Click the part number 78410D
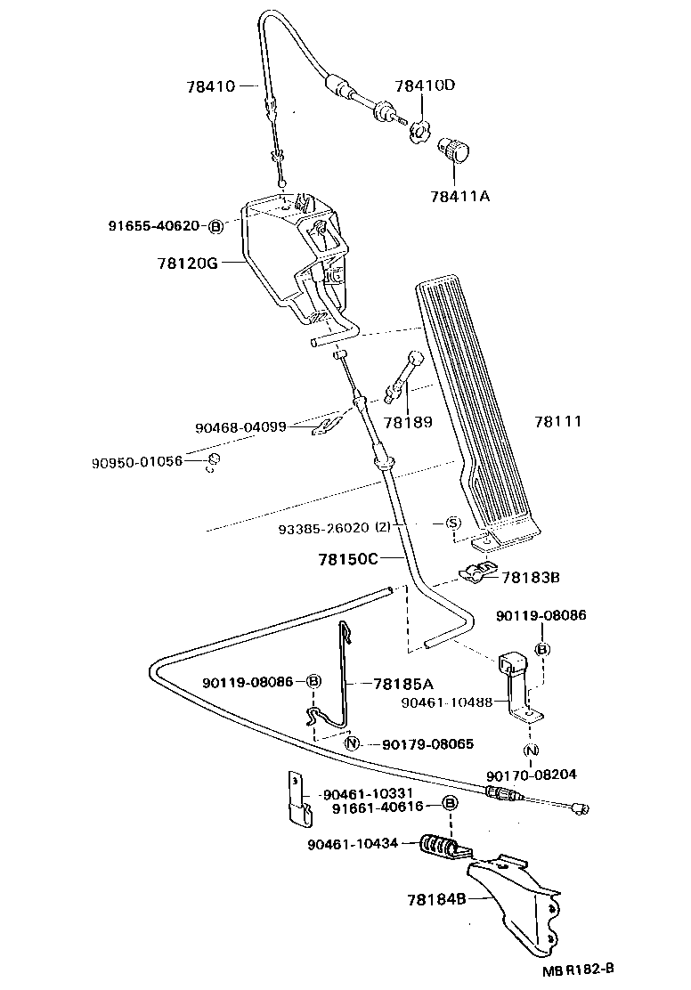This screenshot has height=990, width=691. pos(425,86)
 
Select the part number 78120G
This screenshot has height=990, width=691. pos(187,264)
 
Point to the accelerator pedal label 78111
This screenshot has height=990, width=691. pos(558,421)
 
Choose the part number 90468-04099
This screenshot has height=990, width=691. pos(240,427)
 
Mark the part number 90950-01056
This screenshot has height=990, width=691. pos(136,462)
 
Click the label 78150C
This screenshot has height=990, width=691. pos(324,559)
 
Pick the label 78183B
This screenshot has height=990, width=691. pos(530,578)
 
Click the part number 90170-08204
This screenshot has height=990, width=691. pos(532,775)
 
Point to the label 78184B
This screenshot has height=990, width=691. pos(435,899)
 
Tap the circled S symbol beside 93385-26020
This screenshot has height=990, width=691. pos(451,523)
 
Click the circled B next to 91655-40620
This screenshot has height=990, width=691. pos(215,226)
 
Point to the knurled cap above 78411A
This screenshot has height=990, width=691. pos(458,151)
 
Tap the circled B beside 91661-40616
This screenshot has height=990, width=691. pos(451,804)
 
